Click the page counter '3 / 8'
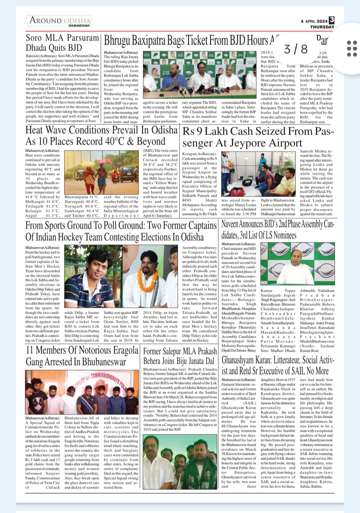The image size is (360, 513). coord(296,49)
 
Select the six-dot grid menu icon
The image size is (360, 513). coord(352,49)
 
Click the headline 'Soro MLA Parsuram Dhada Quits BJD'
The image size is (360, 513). coord(62,42)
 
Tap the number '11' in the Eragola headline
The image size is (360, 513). coord(30,350)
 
